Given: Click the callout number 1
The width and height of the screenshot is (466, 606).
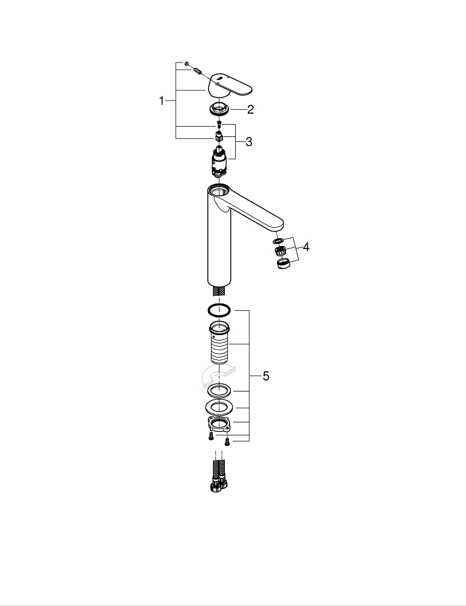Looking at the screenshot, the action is (162, 101).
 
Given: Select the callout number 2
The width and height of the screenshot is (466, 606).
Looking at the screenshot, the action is (250, 109).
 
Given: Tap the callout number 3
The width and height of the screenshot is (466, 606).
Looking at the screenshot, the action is (249, 142).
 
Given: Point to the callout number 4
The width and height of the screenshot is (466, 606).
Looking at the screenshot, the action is (306, 247).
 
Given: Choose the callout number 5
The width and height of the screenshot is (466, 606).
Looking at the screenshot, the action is (266, 376).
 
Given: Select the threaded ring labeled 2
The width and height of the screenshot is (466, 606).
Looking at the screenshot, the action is (219, 109).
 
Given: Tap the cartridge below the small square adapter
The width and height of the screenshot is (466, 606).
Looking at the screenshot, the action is (219, 162).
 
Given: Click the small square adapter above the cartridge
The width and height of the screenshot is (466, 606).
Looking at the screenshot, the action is (219, 136).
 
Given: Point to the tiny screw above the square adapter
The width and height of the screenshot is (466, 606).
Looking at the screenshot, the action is (219, 124).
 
